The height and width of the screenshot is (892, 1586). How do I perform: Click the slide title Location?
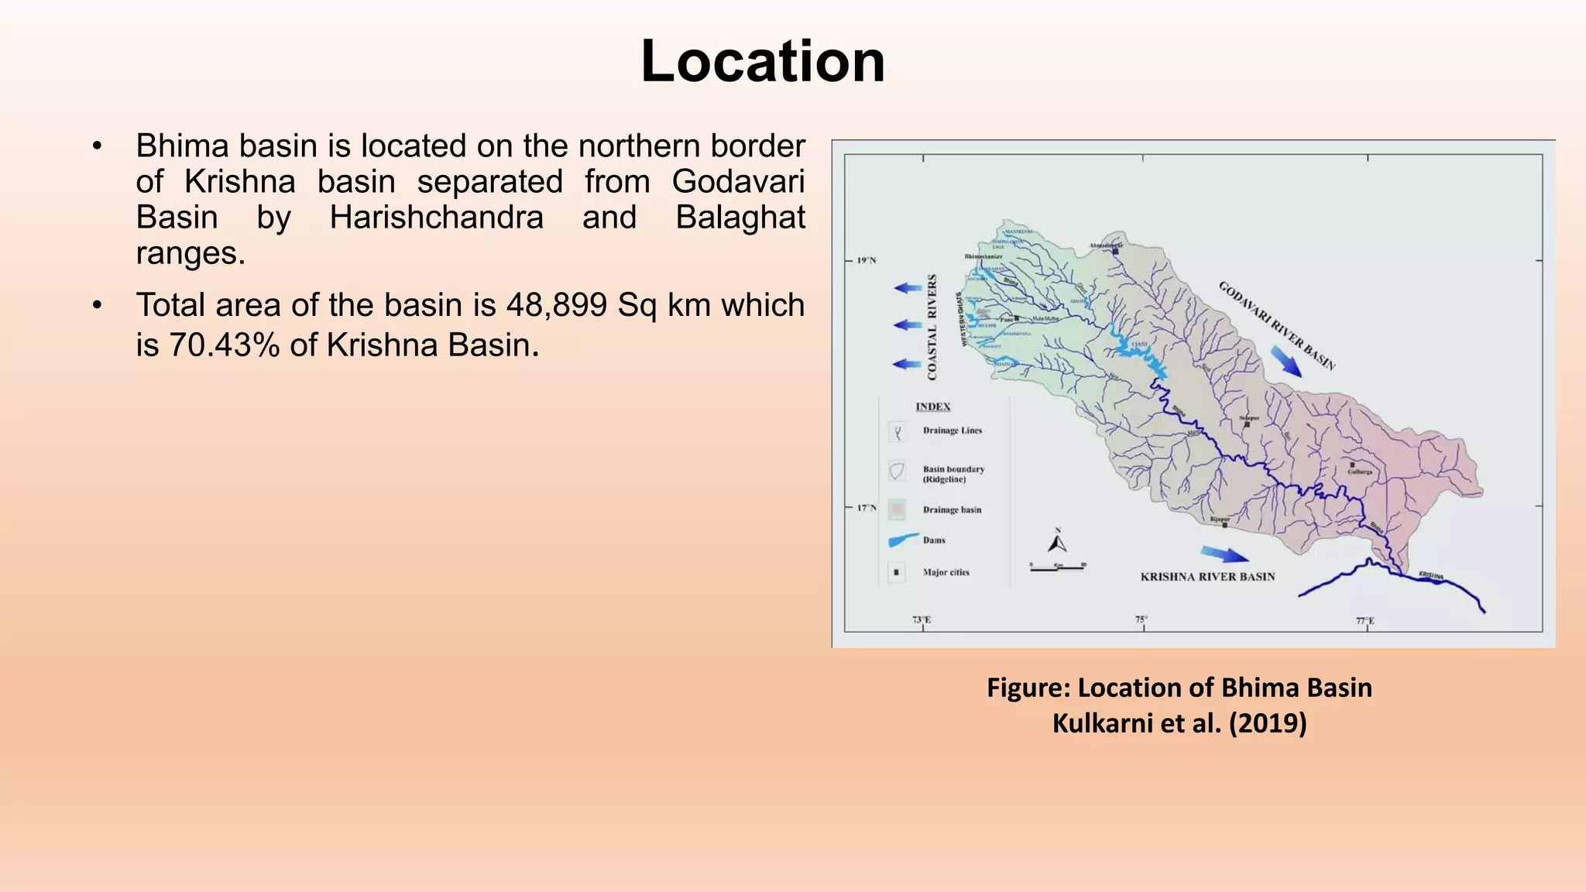(763, 61)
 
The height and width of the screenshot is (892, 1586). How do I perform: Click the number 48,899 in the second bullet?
(557, 305)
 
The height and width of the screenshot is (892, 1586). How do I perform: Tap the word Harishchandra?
(436, 218)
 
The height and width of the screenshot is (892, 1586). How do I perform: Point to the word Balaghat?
(740, 218)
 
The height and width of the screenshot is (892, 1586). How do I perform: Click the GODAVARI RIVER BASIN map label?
(1276, 325)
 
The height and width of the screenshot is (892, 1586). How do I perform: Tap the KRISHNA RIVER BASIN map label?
(1207, 577)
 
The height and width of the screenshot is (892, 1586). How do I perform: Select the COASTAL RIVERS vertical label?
(932, 326)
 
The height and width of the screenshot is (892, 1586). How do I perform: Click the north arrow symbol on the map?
(1058, 541)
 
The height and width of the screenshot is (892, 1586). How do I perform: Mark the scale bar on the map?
(1058, 567)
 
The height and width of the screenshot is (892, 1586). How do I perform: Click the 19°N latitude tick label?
(867, 261)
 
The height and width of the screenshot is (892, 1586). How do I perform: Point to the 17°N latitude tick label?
(867, 508)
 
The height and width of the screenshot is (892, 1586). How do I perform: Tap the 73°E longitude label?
(922, 620)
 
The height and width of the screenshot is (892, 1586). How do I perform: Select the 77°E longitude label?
(1365, 621)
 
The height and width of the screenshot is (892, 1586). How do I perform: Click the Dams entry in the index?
(934, 540)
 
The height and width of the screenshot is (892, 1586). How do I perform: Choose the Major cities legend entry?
(946, 572)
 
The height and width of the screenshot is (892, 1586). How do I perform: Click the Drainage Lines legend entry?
(952, 431)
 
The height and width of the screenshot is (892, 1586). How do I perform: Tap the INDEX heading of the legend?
(932, 407)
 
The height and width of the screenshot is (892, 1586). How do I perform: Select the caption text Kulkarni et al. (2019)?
(1179, 723)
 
